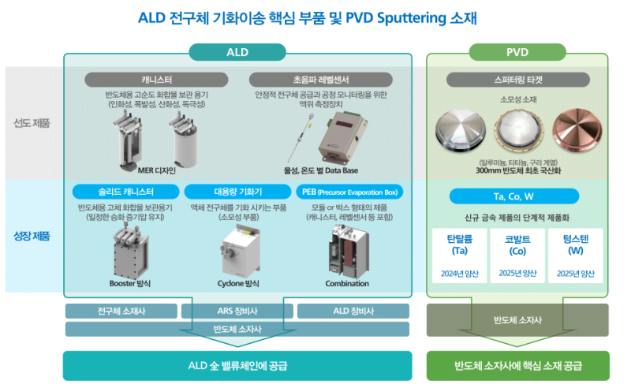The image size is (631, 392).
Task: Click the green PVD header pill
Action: [517, 52]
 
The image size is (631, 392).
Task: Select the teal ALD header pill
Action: [237, 52]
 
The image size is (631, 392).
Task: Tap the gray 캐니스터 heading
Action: [157, 80]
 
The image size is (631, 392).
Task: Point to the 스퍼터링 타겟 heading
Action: [517, 80]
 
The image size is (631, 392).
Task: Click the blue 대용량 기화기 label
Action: [237, 192]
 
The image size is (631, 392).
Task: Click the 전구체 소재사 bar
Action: [121, 311]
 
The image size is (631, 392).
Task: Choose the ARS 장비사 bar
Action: [237, 311]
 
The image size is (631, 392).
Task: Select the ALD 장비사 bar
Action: [353, 311]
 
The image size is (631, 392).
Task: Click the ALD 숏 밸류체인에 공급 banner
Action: [237, 365]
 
